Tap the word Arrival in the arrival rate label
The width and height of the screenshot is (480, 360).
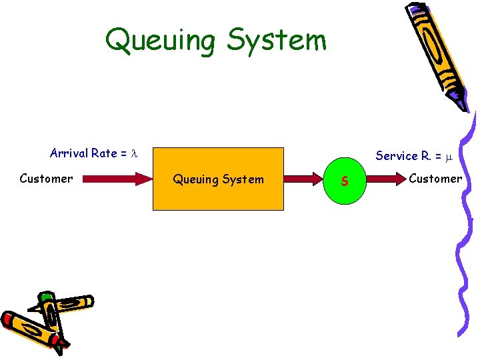[69, 153]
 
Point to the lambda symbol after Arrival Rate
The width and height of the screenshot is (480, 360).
[133, 154]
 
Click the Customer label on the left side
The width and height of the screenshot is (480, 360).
[46, 179]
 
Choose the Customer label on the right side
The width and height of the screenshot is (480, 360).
[435, 178]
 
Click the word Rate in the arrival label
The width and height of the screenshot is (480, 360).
[104, 153]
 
